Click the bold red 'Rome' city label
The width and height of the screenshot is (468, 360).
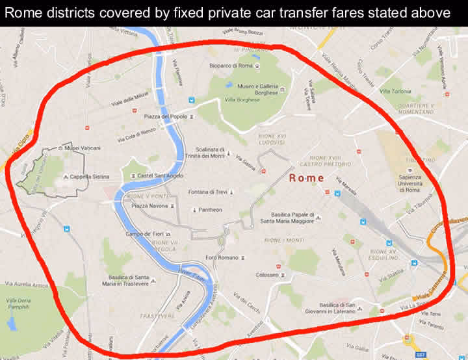tap(306, 177)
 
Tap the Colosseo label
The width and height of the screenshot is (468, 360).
tap(266, 274)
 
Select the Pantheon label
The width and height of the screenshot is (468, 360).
tap(210, 210)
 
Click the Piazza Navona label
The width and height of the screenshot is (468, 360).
tap(150, 205)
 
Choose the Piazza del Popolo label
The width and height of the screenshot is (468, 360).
tap(166, 117)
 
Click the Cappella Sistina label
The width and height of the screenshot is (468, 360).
tap(89, 176)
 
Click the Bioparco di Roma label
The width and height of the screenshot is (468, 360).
tap(231, 66)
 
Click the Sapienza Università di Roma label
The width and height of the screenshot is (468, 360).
tap(409, 183)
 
